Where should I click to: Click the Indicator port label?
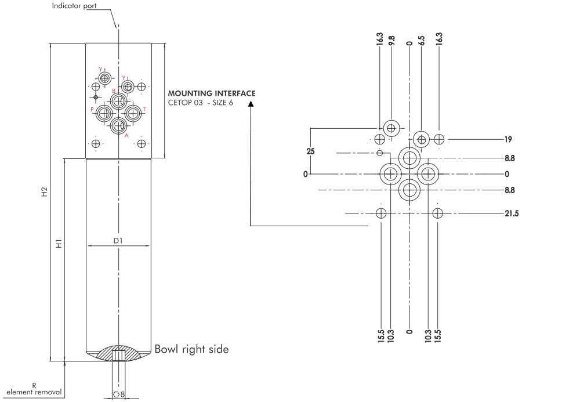[x=74, y=6]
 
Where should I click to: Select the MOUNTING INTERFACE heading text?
[x=211, y=93]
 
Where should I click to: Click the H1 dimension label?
[x=58, y=245]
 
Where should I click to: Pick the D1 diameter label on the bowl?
[x=118, y=240]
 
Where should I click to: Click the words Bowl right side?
[x=191, y=349]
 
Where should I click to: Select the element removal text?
[x=34, y=392]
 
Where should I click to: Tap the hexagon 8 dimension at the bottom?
[x=119, y=394]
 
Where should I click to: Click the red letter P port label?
[x=92, y=109]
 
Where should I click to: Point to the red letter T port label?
[x=144, y=109]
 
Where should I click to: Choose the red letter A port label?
[x=126, y=135]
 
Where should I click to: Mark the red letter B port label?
[x=114, y=91]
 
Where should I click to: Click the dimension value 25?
[x=311, y=151]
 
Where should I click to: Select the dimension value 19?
[x=508, y=139]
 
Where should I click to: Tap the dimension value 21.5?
[x=511, y=213]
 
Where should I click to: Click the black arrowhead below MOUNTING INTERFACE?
[x=251, y=104]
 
